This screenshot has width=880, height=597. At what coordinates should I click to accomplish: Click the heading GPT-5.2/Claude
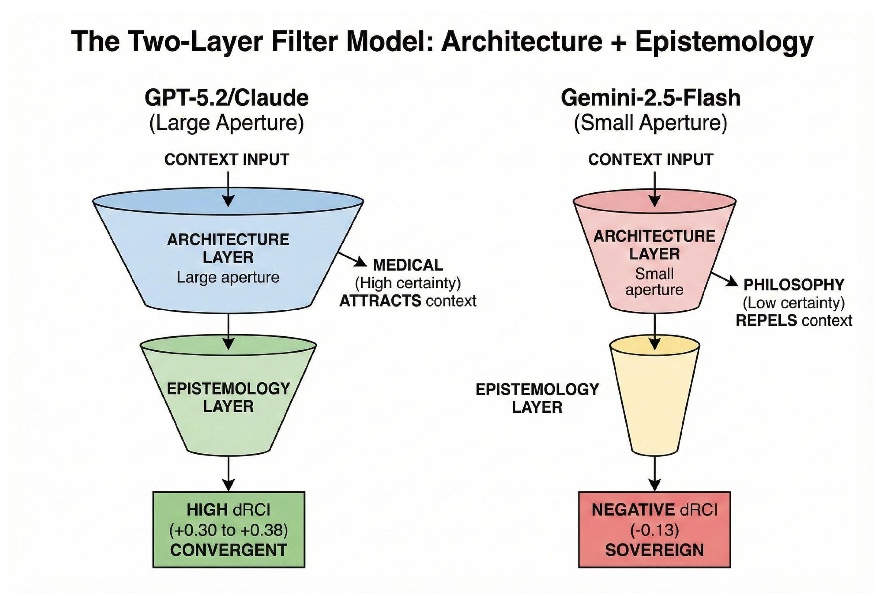[x=226, y=98]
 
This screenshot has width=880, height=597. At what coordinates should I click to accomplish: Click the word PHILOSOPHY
[x=794, y=285]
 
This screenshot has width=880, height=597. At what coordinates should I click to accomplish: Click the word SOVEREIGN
[x=654, y=550]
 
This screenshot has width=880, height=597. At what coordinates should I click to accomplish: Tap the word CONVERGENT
[x=228, y=550]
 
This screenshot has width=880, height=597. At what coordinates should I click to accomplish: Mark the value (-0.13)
[x=654, y=530]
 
